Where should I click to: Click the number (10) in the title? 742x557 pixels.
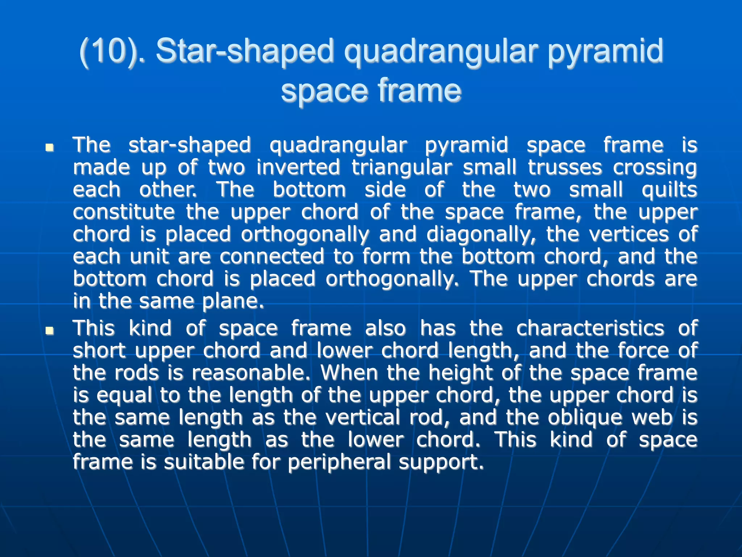[x=109, y=51]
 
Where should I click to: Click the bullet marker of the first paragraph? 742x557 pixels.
[x=50, y=148]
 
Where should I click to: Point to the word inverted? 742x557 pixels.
[x=298, y=167]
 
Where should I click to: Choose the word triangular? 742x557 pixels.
[x=402, y=167]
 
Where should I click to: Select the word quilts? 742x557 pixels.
[x=669, y=190]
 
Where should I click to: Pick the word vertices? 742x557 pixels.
[x=629, y=234]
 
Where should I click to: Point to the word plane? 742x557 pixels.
[x=233, y=301]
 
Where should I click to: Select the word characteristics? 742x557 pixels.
[x=590, y=328]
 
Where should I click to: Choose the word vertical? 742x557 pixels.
[x=363, y=417]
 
